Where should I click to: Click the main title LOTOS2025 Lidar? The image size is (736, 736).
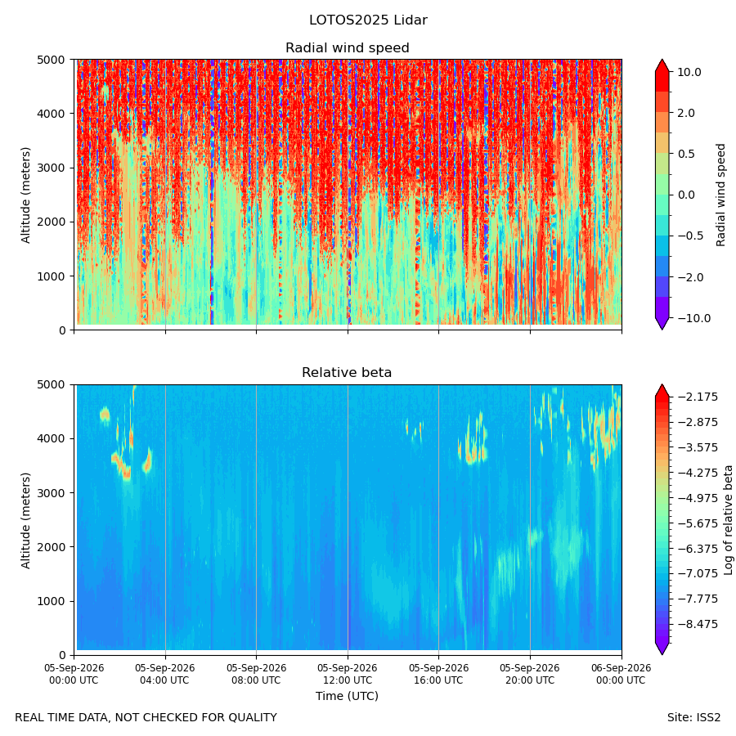368,20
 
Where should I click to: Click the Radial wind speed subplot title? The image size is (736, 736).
348,48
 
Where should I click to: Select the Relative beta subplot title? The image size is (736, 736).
347,373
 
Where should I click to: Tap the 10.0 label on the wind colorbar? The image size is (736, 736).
689,72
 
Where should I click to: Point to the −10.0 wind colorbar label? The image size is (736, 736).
693,318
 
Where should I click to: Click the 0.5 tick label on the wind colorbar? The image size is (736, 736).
686,154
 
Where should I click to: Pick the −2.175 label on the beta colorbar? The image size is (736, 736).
698,397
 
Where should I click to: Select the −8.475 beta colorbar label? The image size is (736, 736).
698,624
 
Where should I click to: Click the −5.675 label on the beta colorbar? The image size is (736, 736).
698,523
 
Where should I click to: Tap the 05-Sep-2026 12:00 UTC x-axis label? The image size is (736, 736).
348,674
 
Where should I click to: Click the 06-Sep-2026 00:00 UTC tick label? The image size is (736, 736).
621,674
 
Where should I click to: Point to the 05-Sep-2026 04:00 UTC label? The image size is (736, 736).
164,674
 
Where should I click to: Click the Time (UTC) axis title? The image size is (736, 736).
347,696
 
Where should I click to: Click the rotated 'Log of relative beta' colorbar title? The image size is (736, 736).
728,520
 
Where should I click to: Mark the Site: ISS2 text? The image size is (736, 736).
693,718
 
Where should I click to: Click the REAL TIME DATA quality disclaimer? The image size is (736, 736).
146,718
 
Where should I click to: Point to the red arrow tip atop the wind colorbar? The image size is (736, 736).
662,60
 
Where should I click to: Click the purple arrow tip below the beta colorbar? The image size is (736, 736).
662,654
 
